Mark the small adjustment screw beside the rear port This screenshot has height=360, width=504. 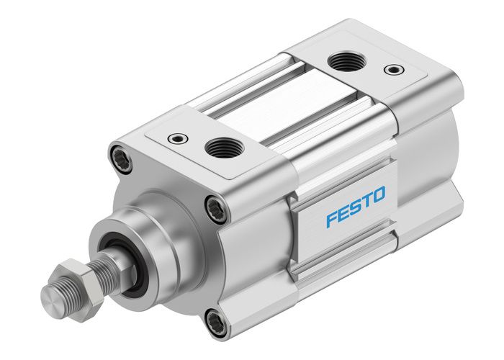pos(391,70)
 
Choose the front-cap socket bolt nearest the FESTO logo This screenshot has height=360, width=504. pos(215,209)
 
